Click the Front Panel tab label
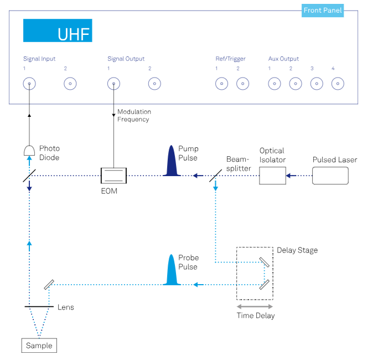click(323, 11)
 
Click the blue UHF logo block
click(58, 30)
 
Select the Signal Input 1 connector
click(29, 84)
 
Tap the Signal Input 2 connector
click(70, 84)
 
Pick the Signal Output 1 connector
click(113, 84)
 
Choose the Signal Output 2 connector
click(154, 84)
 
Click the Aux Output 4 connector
click(338, 84)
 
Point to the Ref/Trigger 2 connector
click(242, 84)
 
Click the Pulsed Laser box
click(330, 176)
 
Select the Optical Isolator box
click(272, 176)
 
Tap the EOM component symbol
click(113, 176)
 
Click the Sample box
click(39, 346)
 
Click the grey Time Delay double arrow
click(255, 306)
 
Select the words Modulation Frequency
click(133, 115)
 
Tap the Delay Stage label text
click(297, 250)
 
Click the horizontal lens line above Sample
click(39, 306)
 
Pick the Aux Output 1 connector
click(274, 84)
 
